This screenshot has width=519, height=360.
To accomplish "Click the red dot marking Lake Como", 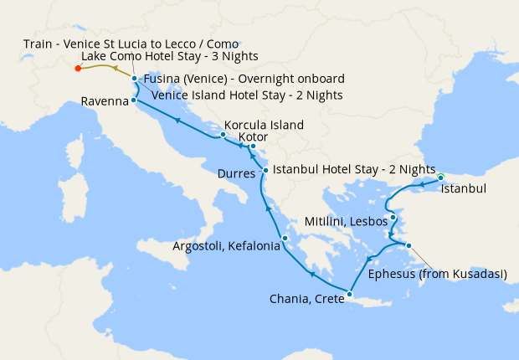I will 78,69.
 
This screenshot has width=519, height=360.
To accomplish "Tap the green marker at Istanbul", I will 440,177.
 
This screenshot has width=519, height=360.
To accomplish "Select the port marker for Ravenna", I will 134,100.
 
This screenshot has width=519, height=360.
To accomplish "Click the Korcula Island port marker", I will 223,134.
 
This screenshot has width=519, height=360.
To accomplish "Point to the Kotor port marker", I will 253,146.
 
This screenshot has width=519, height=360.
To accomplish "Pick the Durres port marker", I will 266,171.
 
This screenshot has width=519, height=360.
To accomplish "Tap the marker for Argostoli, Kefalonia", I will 285,239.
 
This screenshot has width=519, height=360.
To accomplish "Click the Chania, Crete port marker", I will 350,294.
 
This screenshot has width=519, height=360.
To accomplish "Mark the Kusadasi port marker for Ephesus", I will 409,245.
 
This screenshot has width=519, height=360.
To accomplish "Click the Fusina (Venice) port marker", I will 134,79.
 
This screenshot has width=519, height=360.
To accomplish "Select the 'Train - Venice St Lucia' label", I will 131,43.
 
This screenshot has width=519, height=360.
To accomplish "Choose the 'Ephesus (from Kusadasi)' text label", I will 438,274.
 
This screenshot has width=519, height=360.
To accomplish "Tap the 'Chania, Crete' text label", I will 306,299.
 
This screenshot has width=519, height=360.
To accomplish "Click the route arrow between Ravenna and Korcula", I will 177,121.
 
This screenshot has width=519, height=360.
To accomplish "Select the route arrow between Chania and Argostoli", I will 312,273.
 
